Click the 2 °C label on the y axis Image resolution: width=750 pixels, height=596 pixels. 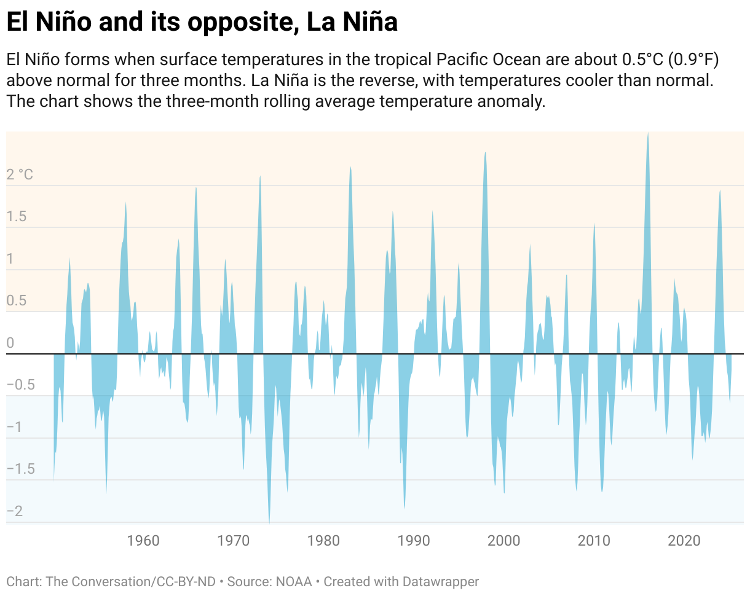click(x=20, y=175)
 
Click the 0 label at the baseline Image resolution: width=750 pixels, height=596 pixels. click(x=10, y=343)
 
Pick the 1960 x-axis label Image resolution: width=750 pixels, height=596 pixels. click(x=143, y=541)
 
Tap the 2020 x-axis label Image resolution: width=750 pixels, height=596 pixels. click(x=684, y=541)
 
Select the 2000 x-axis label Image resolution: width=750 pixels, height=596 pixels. click(x=503, y=541)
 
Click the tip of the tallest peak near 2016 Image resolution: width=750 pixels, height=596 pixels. click(x=648, y=133)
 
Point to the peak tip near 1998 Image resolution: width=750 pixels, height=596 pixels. click(x=486, y=152)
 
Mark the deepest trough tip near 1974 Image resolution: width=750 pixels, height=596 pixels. click(x=269, y=522)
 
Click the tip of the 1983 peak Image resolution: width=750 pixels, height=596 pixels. click(x=350, y=167)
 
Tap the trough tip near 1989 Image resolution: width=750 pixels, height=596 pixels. click(x=404, y=508)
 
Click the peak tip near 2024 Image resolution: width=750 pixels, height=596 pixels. click(x=719, y=190)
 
